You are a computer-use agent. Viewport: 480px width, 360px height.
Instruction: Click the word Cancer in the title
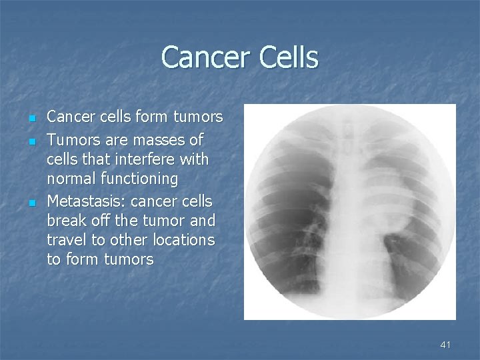(x=202, y=57)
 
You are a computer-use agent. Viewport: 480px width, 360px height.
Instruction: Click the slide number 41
(x=445, y=345)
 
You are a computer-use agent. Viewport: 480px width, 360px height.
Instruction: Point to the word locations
(x=183, y=240)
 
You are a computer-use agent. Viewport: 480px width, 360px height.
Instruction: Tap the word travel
(x=65, y=240)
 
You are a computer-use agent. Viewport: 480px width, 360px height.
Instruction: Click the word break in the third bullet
(x=65, y=220)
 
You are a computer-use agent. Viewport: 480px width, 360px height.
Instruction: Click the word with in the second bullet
(x=193, y=160)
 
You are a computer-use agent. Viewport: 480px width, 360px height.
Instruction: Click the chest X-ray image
(x=349, y=212)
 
